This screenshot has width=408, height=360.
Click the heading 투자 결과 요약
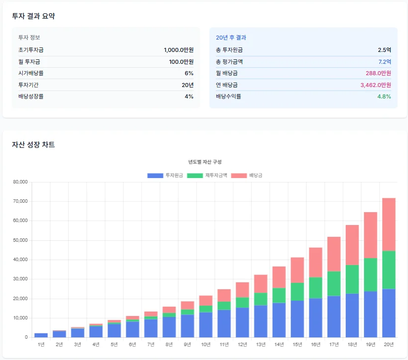click(x=34, y=16)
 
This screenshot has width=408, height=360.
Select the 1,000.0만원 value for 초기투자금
click(x=178, y=50)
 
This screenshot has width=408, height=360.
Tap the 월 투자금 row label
click(x=29, y=62)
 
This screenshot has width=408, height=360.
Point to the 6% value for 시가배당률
click(x=189, y=73)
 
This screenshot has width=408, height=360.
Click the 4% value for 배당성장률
click(x=189, y=96)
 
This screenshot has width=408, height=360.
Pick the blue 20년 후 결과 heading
click(x=231, y=38)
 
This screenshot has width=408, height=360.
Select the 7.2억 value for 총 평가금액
click(x=384, y=62)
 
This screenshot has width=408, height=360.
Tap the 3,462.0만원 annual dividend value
click(x=375, y=85)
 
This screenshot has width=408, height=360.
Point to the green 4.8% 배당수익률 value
click(x=384, y=96)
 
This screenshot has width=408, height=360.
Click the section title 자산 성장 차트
click(x=34, y=145)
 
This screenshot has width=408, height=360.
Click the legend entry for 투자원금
click(x=165, y=176)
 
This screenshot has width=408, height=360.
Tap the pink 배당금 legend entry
click(x=249, y=176)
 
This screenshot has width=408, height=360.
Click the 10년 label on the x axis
click(x=205, y=344)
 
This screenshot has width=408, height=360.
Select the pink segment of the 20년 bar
click(x=389, y=225)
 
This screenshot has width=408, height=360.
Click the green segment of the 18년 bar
click(x=352, y=279)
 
